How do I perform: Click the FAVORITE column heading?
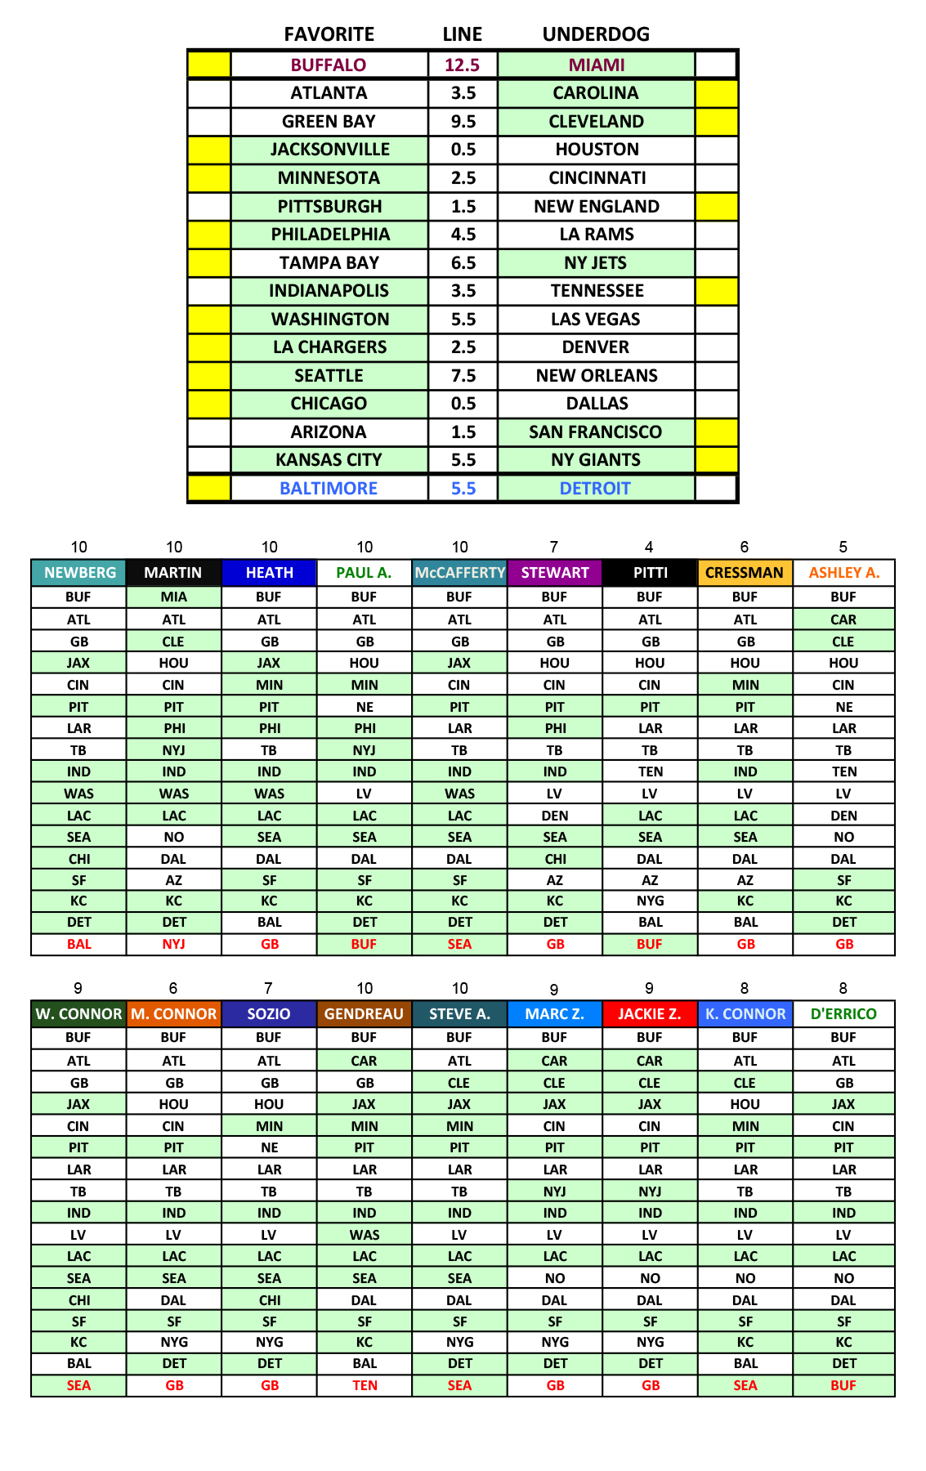click(329, 34)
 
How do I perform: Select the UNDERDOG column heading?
click(596, 34)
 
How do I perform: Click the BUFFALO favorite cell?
click(329, 65)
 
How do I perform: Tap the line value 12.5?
click(463, 65)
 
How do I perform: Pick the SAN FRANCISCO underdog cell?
click(596, 432)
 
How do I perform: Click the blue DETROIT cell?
click(596, 489)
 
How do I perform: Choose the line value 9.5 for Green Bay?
click(463, 122)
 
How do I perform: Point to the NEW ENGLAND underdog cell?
click(596, 207)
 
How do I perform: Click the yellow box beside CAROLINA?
click(717, 93)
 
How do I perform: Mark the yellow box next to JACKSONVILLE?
click(209, 150)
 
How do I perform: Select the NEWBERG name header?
click(79, 573)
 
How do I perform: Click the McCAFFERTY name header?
click(459, 573)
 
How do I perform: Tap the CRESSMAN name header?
click(745, 573)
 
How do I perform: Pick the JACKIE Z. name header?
click(650, 1014)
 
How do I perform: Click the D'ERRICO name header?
click(843, 1014)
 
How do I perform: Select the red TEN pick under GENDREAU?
click(365, 1386)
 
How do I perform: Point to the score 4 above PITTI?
click(649, 548)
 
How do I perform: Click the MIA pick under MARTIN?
click(174, 597)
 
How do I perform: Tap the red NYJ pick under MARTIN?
click(174, 945)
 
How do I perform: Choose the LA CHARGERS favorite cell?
click(329, 347)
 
